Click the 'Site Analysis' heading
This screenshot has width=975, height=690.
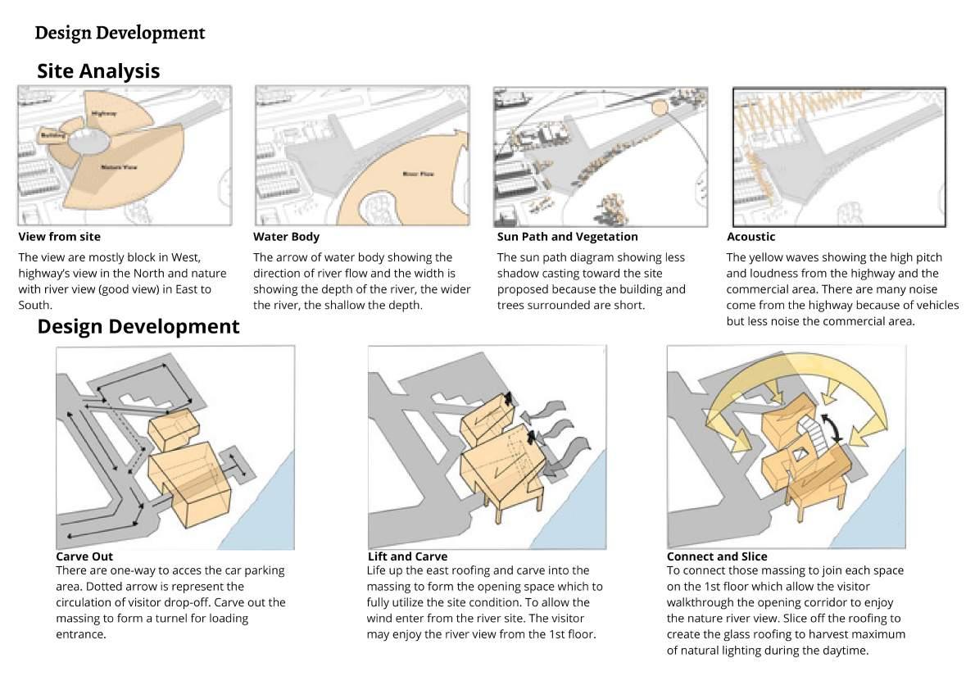[x=98, y=71]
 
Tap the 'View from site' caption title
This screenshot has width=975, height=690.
[x=59, y=237]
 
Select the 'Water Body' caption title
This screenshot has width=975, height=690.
[x=286, y=237]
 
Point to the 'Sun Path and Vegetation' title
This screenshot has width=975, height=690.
[x=567, y=237]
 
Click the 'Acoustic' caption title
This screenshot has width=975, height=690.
[x=751, y=237]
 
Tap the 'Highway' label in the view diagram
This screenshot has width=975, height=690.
[x=104, y=112]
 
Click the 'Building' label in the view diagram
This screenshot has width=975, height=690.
[x=53, y=134]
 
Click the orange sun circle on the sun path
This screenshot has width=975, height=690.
[x=660, y=107]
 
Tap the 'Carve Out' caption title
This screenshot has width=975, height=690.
[x=84, y=556]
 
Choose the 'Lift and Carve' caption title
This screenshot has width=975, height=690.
[x=407, y=556]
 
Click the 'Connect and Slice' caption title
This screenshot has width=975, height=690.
[x=717, y=556]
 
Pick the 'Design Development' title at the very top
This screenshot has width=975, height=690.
[x=120, y=34]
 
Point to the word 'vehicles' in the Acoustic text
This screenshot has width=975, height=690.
[x=936, y=306]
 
